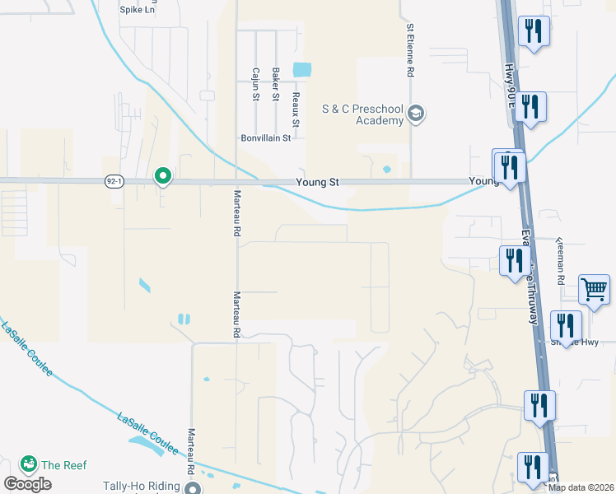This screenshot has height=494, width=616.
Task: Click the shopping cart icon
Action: (594, 290)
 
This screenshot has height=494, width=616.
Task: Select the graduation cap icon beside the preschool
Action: (417, 114)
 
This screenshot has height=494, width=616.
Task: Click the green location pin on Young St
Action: (163, 175)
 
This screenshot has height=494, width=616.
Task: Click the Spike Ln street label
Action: (137, 11)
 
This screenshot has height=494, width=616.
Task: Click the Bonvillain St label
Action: (265, 138)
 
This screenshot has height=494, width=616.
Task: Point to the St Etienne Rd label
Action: (409, 49)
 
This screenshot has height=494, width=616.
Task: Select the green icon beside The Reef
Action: (30, 465)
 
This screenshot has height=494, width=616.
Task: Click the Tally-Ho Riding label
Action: (141, 486)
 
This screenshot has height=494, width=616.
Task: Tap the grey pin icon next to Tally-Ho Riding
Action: (193, 488)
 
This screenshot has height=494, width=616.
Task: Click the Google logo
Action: (27, 484)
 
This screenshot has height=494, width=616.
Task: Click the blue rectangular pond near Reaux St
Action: (302, 69)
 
